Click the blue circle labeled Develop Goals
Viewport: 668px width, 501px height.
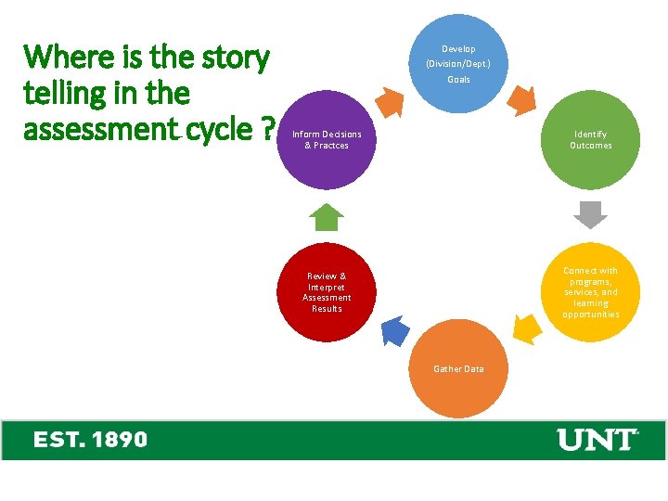tap(458, 63)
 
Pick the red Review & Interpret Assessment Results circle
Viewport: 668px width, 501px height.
tap(327, 292)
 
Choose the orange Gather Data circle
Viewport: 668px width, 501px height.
tap(458, 369)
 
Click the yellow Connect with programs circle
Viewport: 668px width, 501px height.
tap(591, 292)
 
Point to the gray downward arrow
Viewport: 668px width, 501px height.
tap(590, 214)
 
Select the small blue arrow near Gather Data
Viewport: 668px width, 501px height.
tap(395, 329)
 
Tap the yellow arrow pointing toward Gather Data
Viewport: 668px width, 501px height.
tap(526, 328)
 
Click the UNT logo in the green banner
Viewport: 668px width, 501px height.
tap(597, 439)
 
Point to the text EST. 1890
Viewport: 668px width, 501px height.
tap(90, 439)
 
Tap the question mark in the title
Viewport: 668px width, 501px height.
tap(266, 129)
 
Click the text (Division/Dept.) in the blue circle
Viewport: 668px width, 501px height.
tap(458, 64)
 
